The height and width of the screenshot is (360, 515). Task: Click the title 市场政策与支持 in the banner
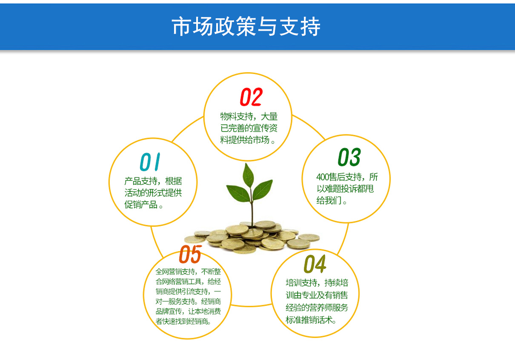tap(246, 26)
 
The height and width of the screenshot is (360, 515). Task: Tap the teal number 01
tap(150, 162)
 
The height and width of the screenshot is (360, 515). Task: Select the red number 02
tap(251, 97)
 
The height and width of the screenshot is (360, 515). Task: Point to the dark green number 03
tap(349, 157)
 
